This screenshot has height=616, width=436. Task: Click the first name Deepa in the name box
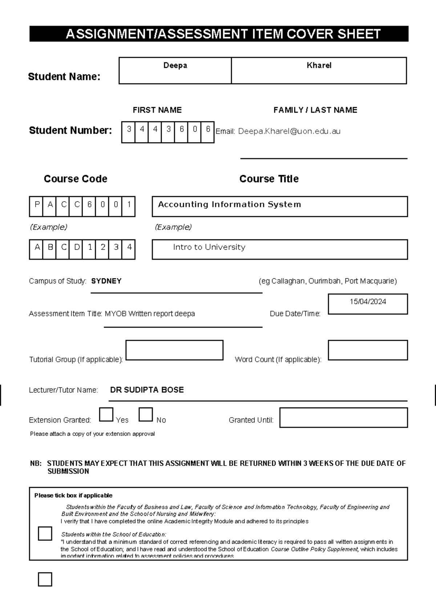[x=175, y=65]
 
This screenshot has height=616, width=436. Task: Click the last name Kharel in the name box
[x=319, y=65]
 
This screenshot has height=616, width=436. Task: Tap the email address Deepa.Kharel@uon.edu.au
[x=289, y=131]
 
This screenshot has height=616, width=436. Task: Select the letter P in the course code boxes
[x=37, y=204]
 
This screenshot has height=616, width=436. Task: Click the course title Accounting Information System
[x=229, y=204]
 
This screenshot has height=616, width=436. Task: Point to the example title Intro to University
[x=209, y=247]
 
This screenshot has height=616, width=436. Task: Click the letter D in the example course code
[x=77, y=247]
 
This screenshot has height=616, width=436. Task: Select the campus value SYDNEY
[x=106, y=281]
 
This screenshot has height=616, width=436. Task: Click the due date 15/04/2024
[x=368, y=302]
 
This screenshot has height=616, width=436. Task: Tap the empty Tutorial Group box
[x=174, y=350]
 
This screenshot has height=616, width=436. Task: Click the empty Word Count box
[x=368, y=350]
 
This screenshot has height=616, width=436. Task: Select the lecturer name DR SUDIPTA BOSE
[x=147, y=390]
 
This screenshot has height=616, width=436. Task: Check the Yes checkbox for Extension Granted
[x=106, y=414]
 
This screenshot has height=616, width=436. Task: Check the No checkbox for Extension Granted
[x=146, y=414]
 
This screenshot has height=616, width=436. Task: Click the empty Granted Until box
[x=343, y=417]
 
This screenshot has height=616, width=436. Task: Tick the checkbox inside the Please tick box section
[x=45, y=534]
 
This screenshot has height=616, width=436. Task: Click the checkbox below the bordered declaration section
[x=45, y=579]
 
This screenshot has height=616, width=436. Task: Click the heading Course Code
[x=76, y=179]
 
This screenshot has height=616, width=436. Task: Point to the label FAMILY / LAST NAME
[x=315, y=110]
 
